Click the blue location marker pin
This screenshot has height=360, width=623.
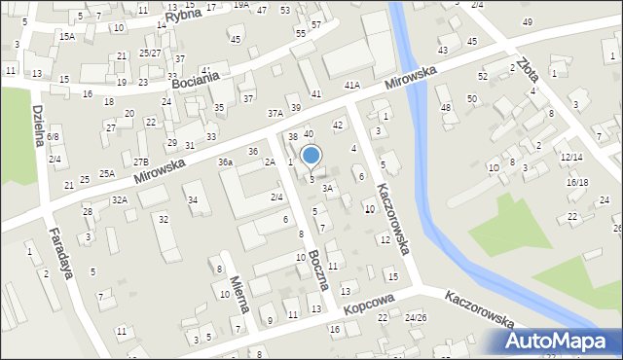(x=311, y=155)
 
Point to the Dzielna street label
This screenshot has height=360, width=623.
(x=38, y=126)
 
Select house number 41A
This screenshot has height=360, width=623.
(x=351, y=86)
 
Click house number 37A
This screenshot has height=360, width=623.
(x=275, y=113)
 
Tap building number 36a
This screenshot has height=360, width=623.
(x=226, y=162)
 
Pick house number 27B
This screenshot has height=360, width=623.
(x=141, y=162)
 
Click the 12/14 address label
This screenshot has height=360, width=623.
(x=571, y=157)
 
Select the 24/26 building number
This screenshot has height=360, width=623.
(x=416, y=318)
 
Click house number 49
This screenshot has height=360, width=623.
(x=527, y=21)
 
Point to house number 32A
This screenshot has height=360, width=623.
(x=119, y=199)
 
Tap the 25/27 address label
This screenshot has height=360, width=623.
(x=150, y=54)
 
